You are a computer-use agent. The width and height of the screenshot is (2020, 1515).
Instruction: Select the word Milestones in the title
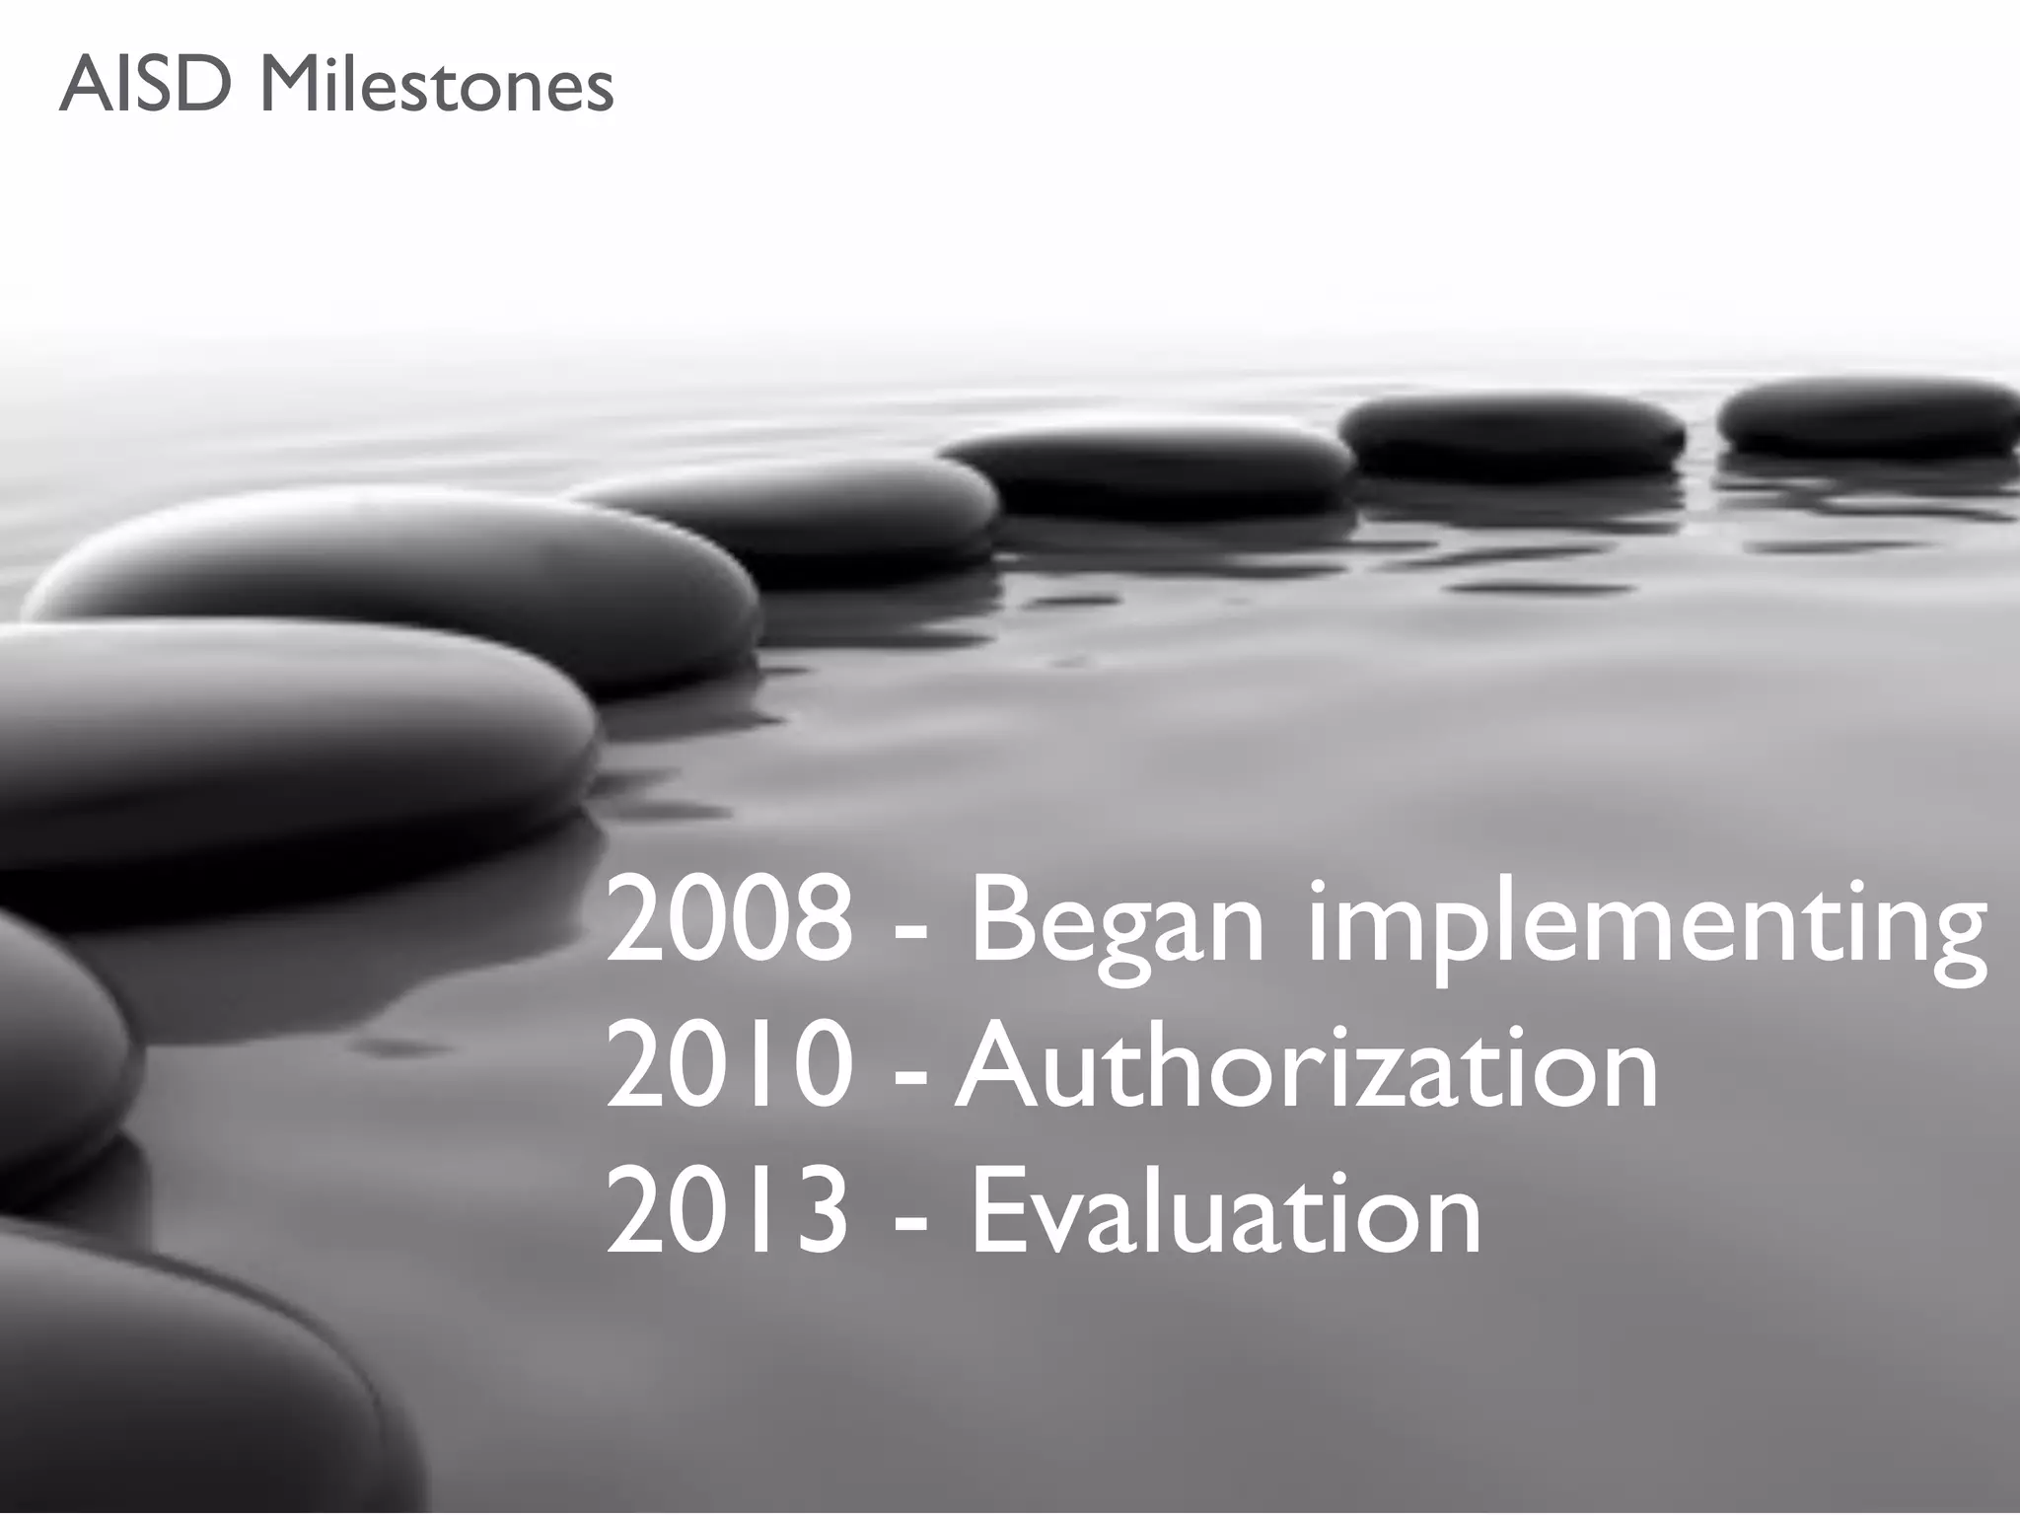435,86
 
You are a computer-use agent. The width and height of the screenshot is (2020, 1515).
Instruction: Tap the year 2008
729,922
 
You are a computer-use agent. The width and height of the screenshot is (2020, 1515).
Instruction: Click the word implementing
1645,927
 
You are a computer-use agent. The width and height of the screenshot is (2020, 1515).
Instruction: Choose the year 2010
729,1068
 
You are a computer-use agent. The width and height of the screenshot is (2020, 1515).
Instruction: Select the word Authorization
1306,1068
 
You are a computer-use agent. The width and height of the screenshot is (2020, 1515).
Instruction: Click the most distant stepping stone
1867,416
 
